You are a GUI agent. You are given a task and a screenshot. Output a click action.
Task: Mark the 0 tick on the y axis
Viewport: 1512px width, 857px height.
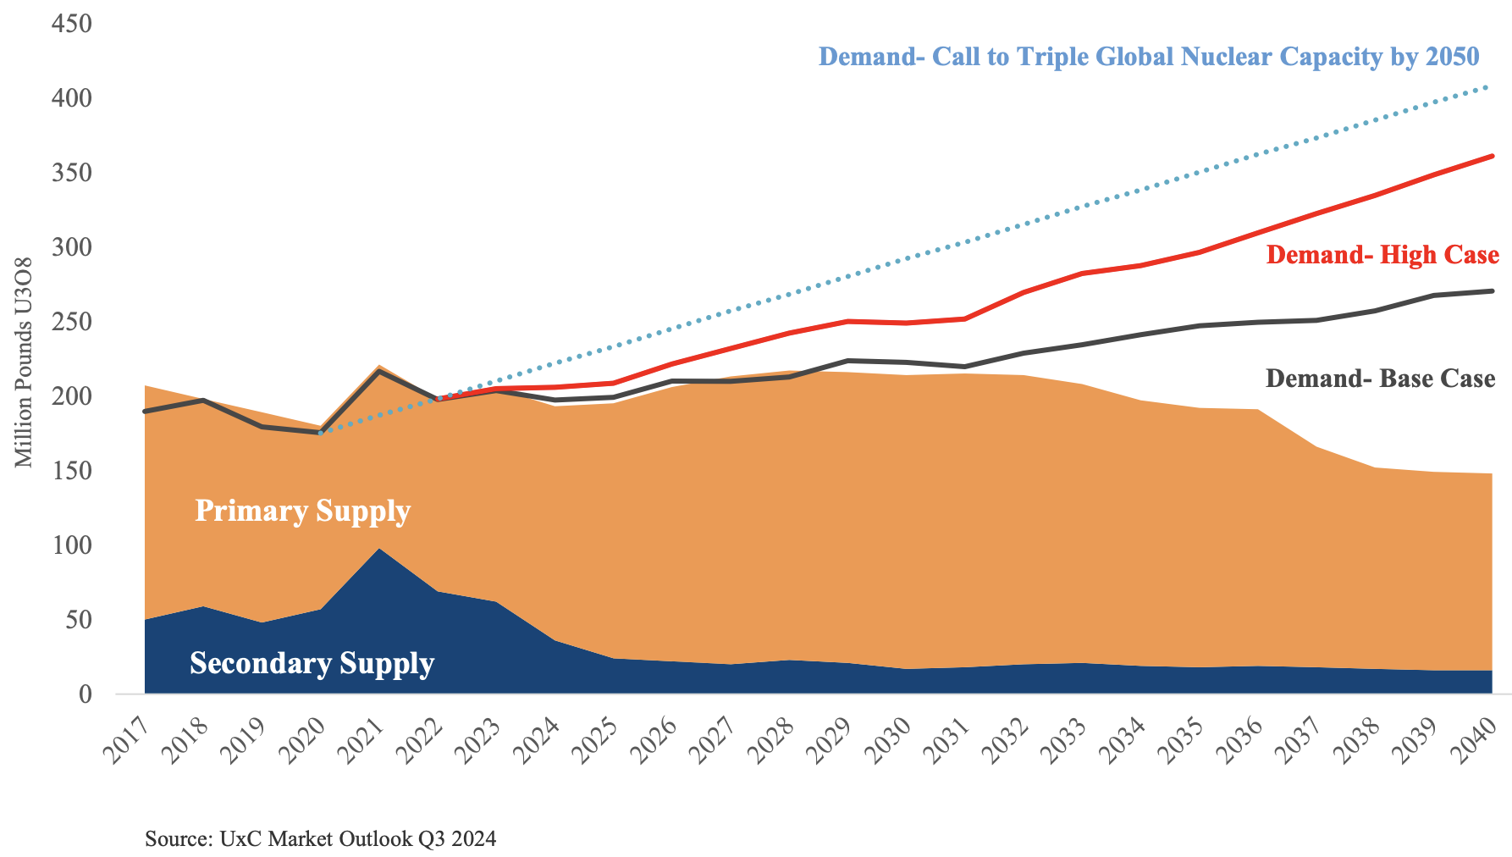click(x=85, y=694)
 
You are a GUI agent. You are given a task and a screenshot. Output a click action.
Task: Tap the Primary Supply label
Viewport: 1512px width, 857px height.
click(x=302, y=511)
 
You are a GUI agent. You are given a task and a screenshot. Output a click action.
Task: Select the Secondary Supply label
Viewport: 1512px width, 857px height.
click(x=312, y=663)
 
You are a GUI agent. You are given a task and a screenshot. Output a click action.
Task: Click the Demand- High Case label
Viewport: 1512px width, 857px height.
click(x=1382, y=255)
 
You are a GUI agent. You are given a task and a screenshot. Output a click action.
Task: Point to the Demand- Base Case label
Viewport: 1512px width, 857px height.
click(x=1380, y=378)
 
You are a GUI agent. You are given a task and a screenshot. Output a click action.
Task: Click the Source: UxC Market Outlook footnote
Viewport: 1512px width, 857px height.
click(x=320, y=839)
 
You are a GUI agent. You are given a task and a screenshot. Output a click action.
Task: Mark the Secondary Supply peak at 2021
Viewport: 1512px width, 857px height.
click(x=378, y=550)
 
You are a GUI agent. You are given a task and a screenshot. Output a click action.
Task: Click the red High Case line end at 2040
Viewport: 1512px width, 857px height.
click(x=1491, y=157)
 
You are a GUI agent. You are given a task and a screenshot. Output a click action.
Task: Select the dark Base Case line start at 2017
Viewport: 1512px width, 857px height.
click(x=146, y=412)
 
